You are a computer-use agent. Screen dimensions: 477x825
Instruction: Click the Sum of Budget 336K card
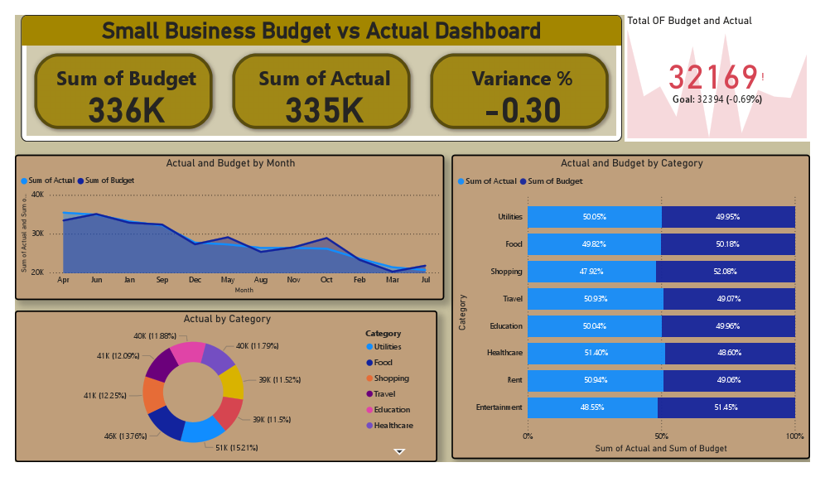click(x=126, y=92)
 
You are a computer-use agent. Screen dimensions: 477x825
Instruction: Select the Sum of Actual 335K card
click(x=324, y=92)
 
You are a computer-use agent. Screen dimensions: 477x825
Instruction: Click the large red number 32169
click(x=713, y=77)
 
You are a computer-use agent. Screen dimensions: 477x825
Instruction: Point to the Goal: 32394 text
click(x=717, y=99)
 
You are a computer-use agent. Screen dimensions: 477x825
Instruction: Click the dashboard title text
click(x=321, y=31)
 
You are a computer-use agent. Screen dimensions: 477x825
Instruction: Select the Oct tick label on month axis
click(x=326, y=280)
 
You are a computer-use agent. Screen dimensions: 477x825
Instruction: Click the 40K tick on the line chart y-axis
click(x=36, y=195)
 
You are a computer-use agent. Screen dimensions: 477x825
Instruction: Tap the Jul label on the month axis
click(x=426, y=280)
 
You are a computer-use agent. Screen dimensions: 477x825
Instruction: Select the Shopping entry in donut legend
click(x=390, y=378)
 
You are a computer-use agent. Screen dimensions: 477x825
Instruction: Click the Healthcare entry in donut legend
click(x=393, y=425)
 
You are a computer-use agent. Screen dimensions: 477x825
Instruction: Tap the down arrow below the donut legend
click(x=399, y=451)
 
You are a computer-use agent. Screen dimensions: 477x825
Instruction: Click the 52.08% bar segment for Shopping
click(x=726, y=271)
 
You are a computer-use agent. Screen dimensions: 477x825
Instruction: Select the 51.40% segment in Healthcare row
click(x=595, y=353)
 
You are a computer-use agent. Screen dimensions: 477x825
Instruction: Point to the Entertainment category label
click(x=499, y=407)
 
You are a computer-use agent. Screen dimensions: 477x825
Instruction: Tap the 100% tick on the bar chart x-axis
click(x=794, y=436)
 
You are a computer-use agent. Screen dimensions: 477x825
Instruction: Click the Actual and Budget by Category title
click(x=631, y=163)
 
